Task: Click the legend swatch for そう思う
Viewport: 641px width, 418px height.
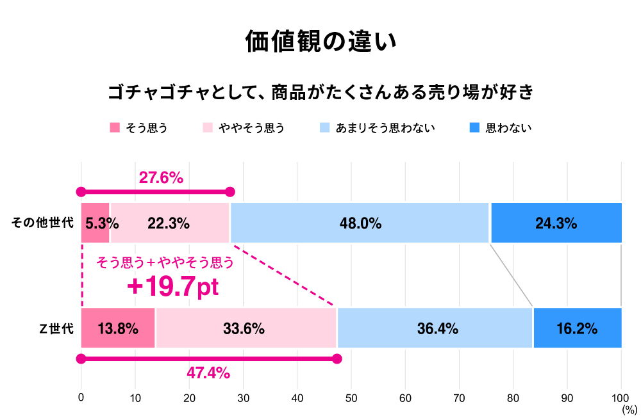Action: [x=115, y=127]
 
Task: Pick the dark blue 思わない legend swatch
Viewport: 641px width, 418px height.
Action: [x=474, y=127]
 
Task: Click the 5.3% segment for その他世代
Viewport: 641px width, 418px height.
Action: [x=96, y=223]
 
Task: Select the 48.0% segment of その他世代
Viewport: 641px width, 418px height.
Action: [x=360, y=223]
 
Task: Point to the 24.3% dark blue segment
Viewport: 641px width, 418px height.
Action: [x=556, y=223]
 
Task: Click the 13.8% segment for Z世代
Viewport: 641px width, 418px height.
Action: [x=118, y=328]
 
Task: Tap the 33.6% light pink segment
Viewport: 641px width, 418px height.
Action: [x=246, y=328]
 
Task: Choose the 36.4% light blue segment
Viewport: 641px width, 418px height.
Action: [x=435, y=328]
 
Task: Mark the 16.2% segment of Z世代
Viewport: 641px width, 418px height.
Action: [x=577, y=328]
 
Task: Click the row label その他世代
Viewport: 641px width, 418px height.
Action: [x=43, y=223]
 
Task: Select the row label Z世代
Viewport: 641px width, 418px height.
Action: [x=56, y=328]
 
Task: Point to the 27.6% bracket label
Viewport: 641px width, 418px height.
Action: [x=162, y=178]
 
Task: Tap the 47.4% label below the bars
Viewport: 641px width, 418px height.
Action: [x=208, y=373]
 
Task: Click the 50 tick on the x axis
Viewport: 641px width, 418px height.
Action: [x=351, y=398]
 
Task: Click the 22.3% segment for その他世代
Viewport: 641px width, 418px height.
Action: [x=169, y=223]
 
